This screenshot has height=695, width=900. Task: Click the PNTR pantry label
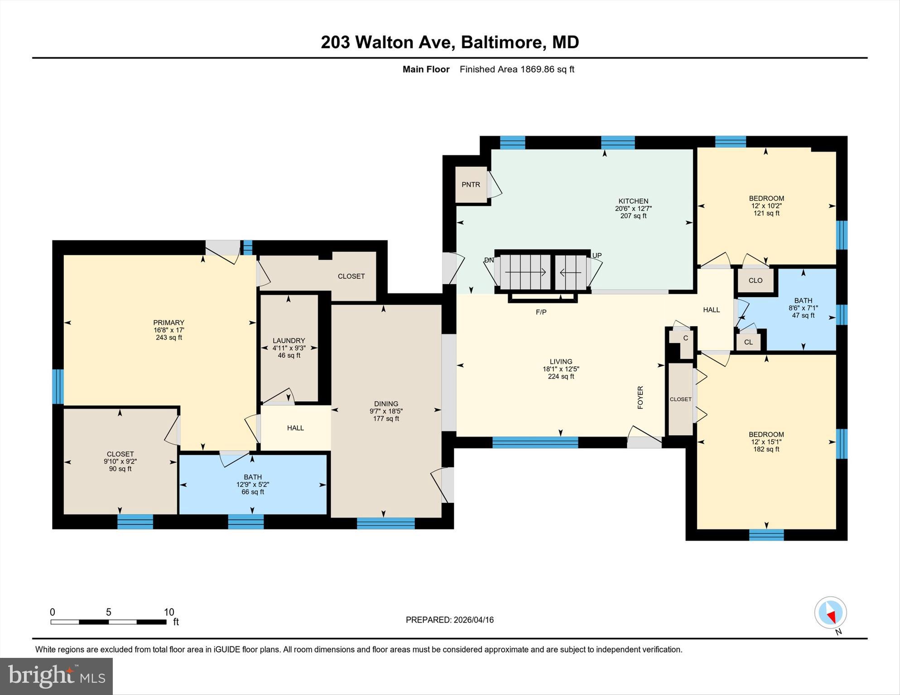471,185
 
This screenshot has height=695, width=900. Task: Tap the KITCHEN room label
633,201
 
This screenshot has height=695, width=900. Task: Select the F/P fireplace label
541,312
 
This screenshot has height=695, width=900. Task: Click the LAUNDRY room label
289,340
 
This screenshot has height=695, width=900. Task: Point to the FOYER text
640,398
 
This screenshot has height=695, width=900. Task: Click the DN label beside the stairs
489,260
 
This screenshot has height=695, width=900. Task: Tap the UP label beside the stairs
597,255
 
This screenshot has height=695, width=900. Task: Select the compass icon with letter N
831,614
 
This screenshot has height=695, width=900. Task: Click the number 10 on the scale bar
168,612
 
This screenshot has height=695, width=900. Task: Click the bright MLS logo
56,676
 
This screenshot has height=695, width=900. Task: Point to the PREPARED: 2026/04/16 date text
449,620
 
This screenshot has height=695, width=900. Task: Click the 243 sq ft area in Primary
168,337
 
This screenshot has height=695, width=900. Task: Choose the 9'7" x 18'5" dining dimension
386,411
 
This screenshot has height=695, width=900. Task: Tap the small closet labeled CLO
755,280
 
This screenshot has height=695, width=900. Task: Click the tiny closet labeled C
685,338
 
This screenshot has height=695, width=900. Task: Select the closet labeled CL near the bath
748,342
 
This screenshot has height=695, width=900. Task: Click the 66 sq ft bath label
252,492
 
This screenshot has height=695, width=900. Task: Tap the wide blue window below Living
535,442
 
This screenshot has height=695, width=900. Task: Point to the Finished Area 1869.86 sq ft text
517,69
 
